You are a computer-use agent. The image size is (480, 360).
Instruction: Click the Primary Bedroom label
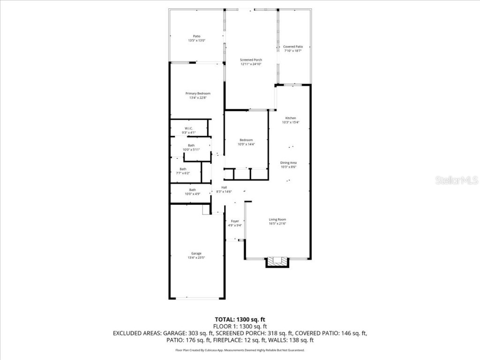(x=197, y=94)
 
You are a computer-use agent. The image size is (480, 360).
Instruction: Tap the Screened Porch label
(x=251, y=60)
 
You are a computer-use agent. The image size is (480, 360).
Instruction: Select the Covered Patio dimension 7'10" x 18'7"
(x=293, y=51)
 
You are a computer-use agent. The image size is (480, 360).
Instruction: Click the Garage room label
(x=196, y=254)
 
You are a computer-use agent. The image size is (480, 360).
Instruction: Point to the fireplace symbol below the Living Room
(x=277, y=262)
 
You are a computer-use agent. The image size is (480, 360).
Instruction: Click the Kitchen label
(x=291, y=118)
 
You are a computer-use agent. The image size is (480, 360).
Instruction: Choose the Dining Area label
(x=288, y=163)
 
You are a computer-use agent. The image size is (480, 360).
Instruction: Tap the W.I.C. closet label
(x=188, y=128)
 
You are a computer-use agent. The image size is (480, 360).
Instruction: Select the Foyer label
(x=235, y=221)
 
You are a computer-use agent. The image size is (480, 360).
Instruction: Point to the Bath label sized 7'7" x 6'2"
(x=182, y=169)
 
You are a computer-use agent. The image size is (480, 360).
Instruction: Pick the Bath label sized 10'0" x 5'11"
(x=191, y=145)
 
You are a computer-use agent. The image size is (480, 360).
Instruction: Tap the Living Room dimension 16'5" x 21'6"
(x=277, y=224)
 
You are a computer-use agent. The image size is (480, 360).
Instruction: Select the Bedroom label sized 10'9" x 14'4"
(x=246, y=140)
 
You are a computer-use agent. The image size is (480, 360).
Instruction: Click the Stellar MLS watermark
(x=457, y=180)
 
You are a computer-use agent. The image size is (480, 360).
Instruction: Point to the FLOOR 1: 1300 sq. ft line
(x=240, y=326)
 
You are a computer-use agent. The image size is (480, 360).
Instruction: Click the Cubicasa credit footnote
(x=240, y=350)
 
